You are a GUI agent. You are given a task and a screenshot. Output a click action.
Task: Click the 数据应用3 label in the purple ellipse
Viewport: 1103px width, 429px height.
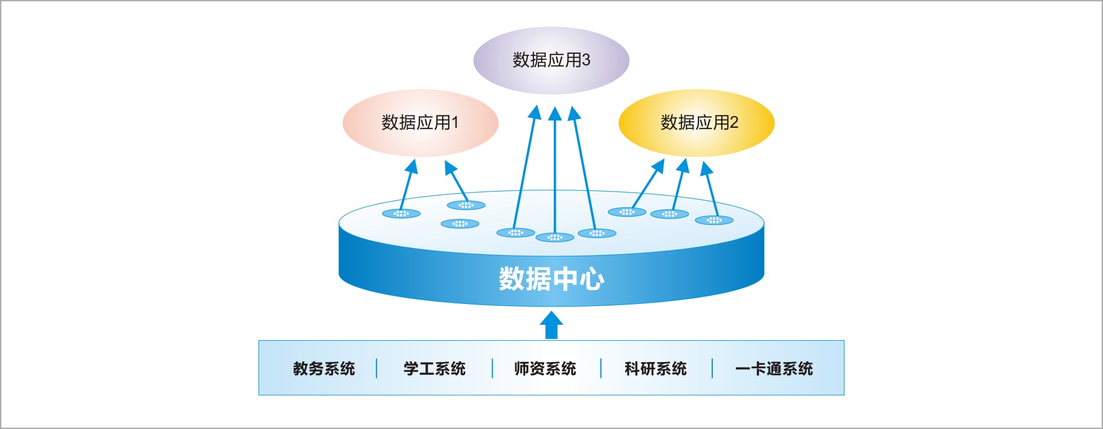[551, 60]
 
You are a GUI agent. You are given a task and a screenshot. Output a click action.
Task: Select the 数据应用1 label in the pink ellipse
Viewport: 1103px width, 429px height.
[420, 122]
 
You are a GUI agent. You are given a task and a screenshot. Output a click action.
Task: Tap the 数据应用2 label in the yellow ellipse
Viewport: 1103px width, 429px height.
[699, 122]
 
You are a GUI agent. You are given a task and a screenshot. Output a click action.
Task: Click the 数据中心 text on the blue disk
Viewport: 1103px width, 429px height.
[551, 279]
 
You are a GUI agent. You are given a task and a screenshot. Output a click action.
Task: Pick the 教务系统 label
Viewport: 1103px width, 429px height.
[324, 369]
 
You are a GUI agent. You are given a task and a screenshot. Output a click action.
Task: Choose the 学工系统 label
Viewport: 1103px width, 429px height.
[434, 369]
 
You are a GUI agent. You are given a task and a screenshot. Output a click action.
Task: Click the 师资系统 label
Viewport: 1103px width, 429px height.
[545, 369]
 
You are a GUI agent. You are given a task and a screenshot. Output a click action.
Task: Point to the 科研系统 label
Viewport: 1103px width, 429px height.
[655, 369]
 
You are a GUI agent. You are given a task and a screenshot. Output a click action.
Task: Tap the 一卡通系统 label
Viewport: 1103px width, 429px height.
[774, 369]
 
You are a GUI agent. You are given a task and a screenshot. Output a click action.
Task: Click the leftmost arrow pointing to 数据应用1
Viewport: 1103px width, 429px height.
[408, 184]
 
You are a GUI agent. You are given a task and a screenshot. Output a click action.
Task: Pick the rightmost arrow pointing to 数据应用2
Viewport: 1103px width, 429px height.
[711, 189]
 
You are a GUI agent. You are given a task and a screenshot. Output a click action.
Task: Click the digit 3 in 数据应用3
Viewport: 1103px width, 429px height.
[586, 60]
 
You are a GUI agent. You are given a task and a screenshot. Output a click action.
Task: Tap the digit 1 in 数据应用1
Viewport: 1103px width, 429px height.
[454, 122]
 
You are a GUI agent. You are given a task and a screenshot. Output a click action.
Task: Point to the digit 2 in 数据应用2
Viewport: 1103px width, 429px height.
[734, 122]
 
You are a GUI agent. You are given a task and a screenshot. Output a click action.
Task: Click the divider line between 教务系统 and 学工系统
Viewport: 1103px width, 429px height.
[377, 369]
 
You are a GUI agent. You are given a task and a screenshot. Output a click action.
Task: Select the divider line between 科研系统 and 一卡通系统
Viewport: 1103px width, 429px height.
[712, 369]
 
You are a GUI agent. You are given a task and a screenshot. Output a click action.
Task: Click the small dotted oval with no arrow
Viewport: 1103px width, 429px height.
[460, 224]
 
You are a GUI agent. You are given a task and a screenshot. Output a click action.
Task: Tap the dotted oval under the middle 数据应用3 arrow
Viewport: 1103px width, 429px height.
[555, 238]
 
